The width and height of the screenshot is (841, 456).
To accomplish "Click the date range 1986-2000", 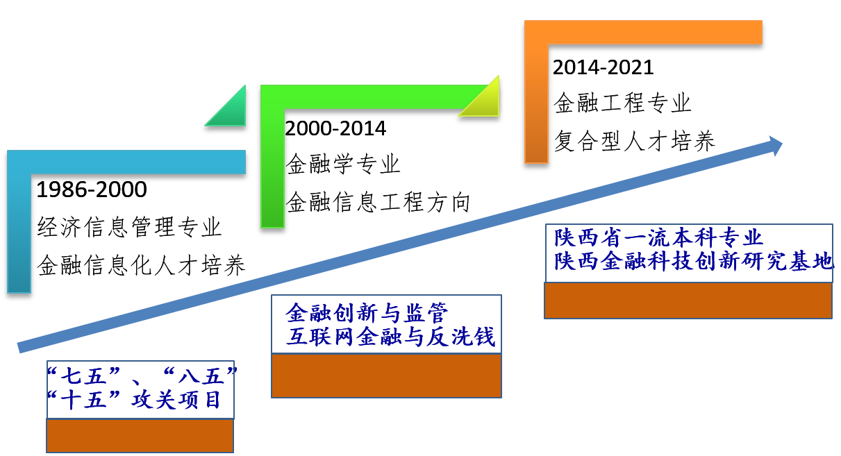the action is coord(92,189).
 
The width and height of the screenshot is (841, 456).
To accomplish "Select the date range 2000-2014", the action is coord(335,128).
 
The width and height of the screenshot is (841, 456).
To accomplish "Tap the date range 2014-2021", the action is coord(603,67).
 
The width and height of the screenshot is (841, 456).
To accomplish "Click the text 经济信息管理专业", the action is coord(129,227).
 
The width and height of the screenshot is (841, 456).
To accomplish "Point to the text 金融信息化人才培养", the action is coord(141,265).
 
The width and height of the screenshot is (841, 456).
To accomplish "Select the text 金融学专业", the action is coord(343,164).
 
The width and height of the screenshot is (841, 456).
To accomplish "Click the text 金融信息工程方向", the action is coord(378,202).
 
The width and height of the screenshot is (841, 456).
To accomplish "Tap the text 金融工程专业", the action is coord(622,103).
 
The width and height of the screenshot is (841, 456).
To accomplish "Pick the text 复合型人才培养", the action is coord(635,141).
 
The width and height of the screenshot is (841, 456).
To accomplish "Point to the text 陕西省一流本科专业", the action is coord(658,237).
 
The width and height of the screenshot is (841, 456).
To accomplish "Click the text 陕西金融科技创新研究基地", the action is coord(694,260).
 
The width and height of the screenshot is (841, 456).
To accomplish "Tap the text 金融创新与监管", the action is coord(367,312).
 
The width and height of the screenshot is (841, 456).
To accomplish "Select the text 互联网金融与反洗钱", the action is coord(390,336).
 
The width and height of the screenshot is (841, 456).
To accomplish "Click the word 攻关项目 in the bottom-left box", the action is coord(176,399).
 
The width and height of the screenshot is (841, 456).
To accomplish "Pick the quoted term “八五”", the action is coord(201,376).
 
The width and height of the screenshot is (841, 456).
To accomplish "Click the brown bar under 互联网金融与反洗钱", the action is coord(386,376).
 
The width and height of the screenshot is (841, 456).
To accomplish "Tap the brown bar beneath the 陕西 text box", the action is coord(688,301).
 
